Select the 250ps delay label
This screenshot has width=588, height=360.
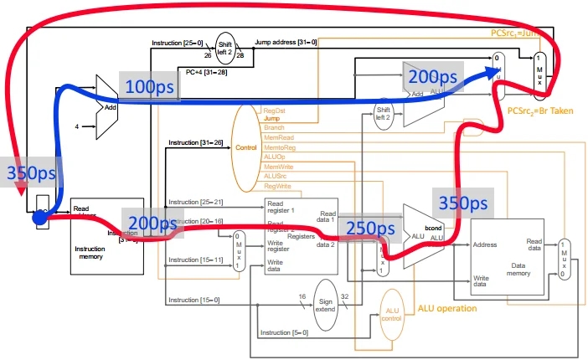click(x=370, y=229)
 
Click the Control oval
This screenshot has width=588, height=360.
click(x=246, y=147)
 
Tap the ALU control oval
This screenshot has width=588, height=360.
click(x=393, y=315)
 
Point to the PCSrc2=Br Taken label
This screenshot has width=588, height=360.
click(x=540, y=111)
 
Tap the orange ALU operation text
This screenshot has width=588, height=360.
click(x=447, y=308)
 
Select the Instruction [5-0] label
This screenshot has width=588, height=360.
click(x=283, y=333)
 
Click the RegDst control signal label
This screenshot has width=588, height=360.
click(x=275, y=111)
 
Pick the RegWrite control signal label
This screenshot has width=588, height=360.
click(x=277, y=186)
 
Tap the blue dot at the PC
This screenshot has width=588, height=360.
click(x=39, y=216)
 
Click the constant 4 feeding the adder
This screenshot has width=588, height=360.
click(x=78, y=127)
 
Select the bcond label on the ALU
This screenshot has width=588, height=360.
click(x=434, y=227)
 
